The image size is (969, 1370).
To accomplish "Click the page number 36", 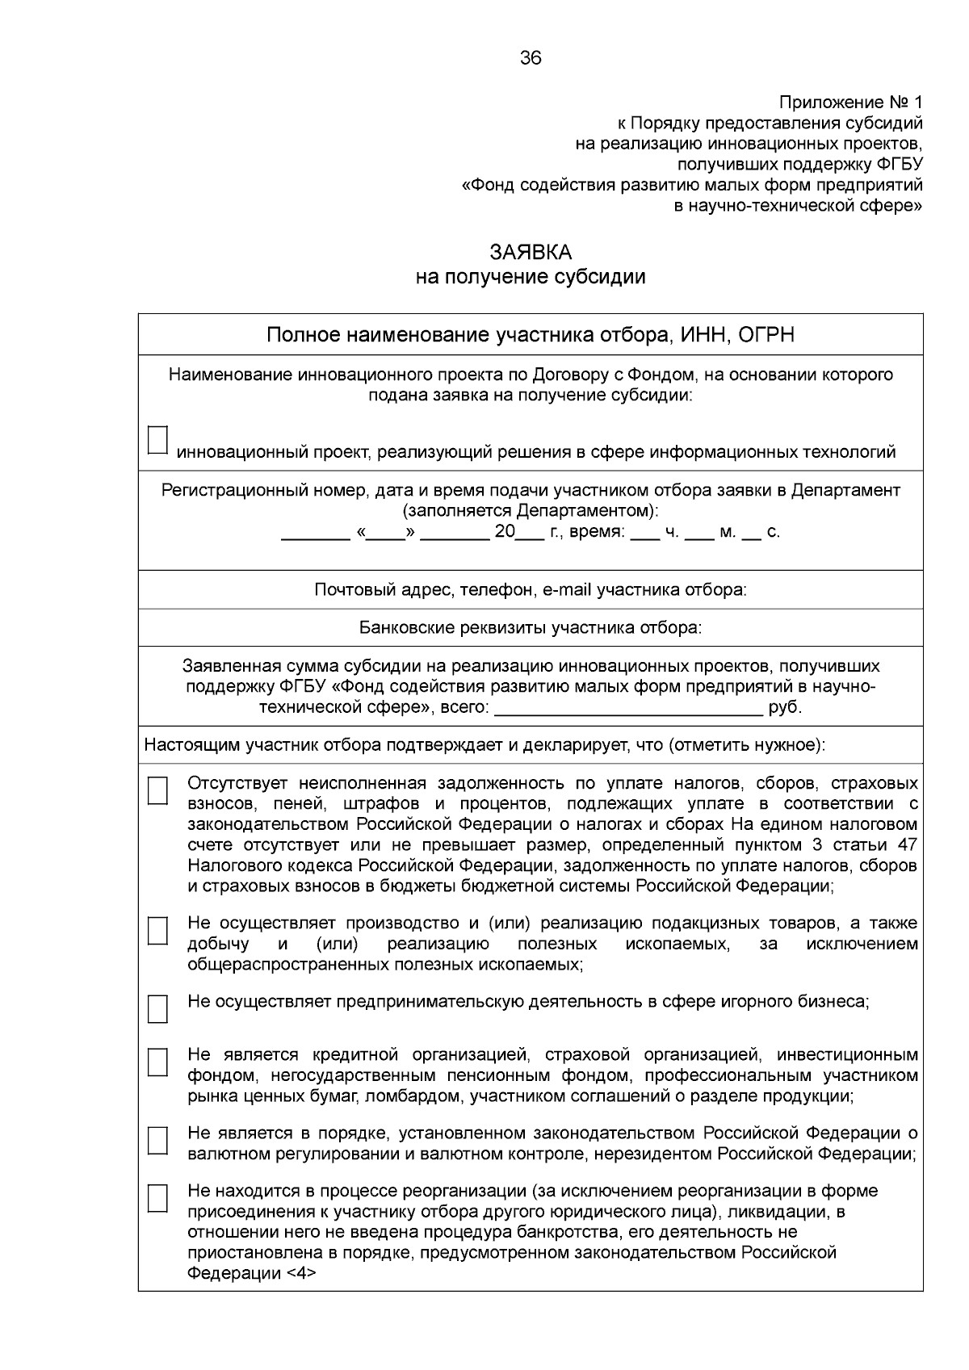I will tap(531, 58).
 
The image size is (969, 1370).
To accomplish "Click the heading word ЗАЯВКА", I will tap(531, 253).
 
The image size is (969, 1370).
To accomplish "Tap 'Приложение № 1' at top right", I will tap(849, 103).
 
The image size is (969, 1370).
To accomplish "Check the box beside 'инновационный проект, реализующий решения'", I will tap(157, 440).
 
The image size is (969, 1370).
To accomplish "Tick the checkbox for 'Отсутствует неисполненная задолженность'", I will tap(157, 790).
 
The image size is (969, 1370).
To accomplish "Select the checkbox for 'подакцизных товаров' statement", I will tap(157, 930).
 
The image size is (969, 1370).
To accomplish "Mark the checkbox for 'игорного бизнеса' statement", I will tap(157, 1008).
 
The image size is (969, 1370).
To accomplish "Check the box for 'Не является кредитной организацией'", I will tap(157, 1062).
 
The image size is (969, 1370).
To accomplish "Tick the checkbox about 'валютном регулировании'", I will tap(157, 1140).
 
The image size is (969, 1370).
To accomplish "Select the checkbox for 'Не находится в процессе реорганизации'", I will tap(157, 1198).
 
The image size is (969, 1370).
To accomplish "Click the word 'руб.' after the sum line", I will tap(785, 708).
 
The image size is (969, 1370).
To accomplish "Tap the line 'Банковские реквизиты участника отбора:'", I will tap(531, 628).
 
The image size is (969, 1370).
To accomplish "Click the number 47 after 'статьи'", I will tap(907, 845).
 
